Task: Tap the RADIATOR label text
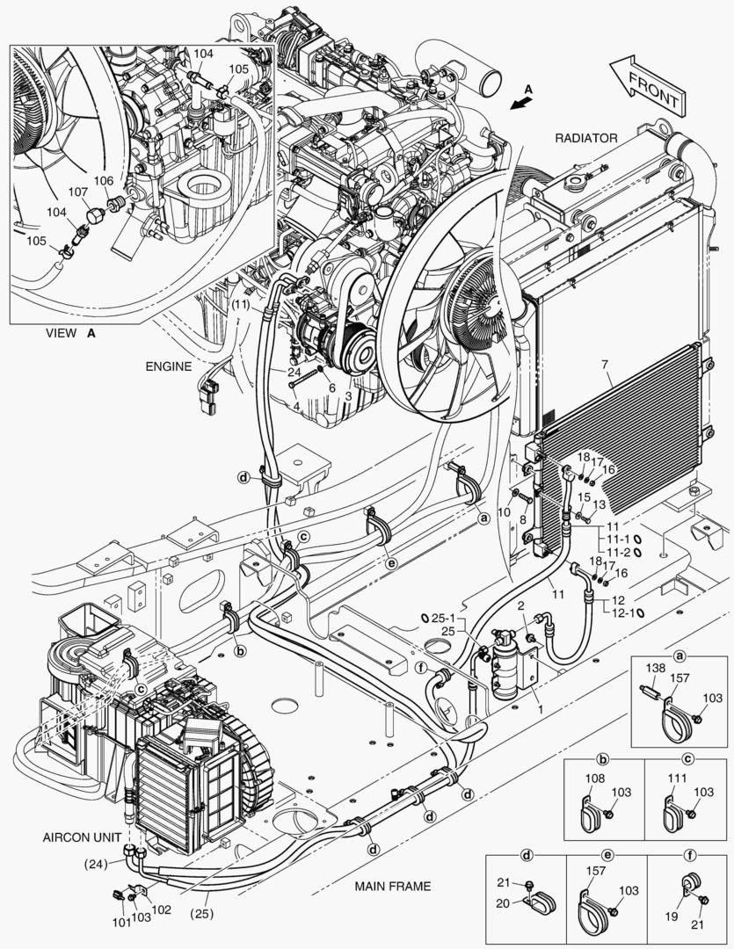pyautogui.click(x=585, y=138)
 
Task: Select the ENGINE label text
pyautogui.click(x=168, y=366)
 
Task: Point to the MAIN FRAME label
pyautogui.click(x=393, y=886)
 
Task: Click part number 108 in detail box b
pyautogui.click(x=594, y=779)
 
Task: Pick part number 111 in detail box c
pyautogui.click(x=677, y=779)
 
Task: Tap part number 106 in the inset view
pyautogui.click(x=104, y=180)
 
